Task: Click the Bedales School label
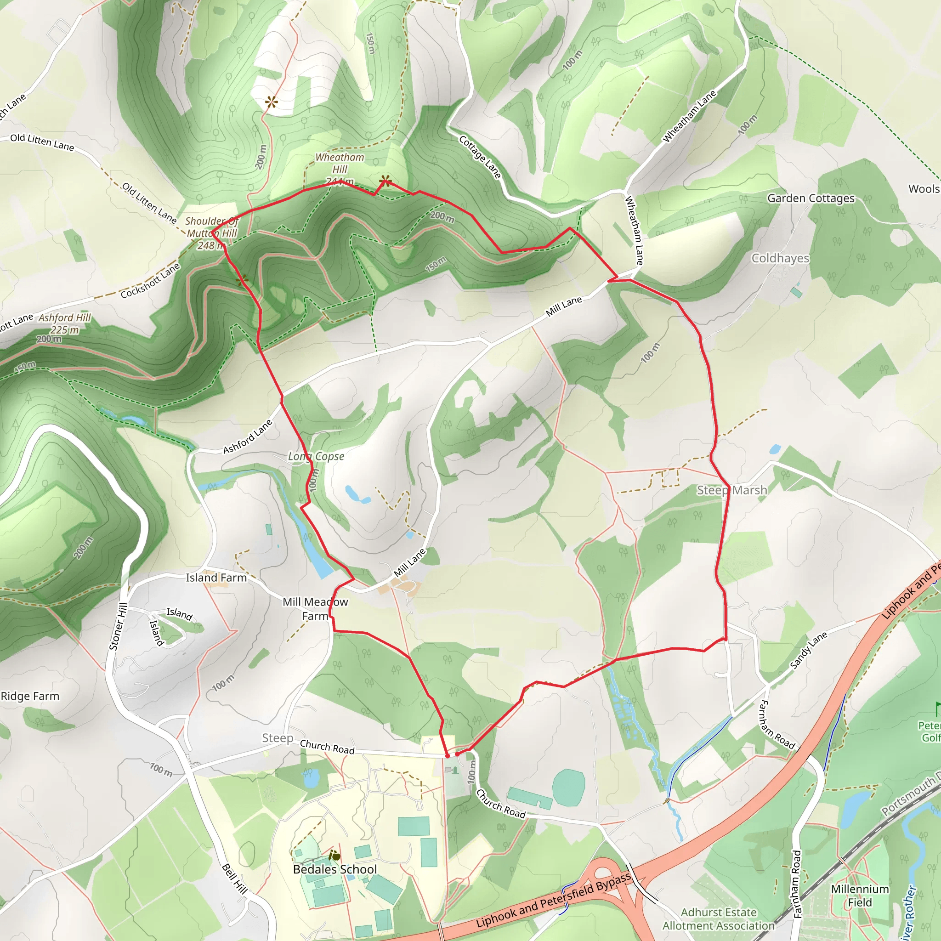point(334,869)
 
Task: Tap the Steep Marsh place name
point(731,490)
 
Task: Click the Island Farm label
point(216,578)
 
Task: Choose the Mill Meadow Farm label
point(315,609)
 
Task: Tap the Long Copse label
point(316,456)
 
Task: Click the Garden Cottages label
point(811,198)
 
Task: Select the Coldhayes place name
point(780,258)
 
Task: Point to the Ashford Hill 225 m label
point(65,324)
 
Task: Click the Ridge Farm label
point(30,696)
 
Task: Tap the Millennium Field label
point(860,896)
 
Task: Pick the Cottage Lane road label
point(480,157)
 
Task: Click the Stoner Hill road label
point(119,626)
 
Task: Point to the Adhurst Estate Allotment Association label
point(719,918)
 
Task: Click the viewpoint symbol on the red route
point(385,181)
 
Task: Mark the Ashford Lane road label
point(248,436)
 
